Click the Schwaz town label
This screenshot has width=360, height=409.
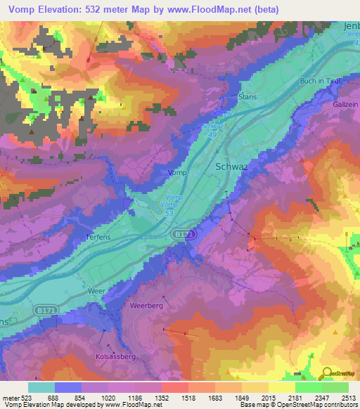(x=228, y=167)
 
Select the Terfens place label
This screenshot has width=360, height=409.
(x=98, y=238)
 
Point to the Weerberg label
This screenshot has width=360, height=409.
(x=146, y=306)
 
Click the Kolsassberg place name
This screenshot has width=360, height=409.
(x=115, y=356)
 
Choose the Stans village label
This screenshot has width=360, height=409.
(x=247, y=96)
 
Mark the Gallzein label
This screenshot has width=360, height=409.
(x=345, y=104)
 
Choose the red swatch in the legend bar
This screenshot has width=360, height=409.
(x=174, y=387)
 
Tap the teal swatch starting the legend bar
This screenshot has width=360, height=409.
(x=41, y=387)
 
